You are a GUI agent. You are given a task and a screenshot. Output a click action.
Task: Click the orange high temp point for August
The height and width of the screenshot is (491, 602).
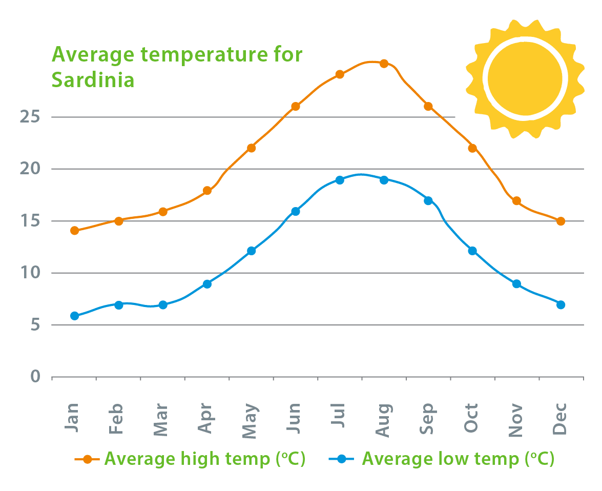click(384, 63)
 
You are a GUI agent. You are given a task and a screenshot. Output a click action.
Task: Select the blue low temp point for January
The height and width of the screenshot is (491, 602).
click(75, 316)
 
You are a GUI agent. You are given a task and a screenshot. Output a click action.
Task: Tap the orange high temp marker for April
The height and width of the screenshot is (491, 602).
click(207, 191)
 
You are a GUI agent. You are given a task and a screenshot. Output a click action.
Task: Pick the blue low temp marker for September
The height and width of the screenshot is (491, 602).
click(428, 200)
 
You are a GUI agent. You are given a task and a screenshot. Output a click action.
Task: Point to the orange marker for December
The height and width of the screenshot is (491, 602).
click(561, 221)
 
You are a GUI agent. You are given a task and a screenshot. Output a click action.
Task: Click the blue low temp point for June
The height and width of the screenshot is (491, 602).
click(295, 211)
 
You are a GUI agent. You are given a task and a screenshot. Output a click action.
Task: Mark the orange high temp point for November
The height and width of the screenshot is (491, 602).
click(516, 201)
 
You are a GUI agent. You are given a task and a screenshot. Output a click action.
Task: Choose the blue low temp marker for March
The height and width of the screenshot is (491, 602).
click(163, 305)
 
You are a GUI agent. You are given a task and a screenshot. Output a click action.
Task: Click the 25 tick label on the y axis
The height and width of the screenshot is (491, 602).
click(30, 117)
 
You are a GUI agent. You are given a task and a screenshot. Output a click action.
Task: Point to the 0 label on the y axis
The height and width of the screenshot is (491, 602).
click(35, 377)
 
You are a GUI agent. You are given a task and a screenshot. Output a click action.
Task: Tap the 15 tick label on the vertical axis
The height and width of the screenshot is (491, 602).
click(30, 221)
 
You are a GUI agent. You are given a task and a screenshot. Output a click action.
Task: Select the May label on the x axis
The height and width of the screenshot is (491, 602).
click(250, 421)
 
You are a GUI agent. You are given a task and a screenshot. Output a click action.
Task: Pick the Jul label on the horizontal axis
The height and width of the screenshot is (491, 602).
click(339, 416)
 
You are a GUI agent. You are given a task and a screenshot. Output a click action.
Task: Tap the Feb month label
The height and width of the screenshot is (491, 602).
click(117, 419)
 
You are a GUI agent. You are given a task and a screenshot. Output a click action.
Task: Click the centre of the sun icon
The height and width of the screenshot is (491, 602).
click(525, 78)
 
